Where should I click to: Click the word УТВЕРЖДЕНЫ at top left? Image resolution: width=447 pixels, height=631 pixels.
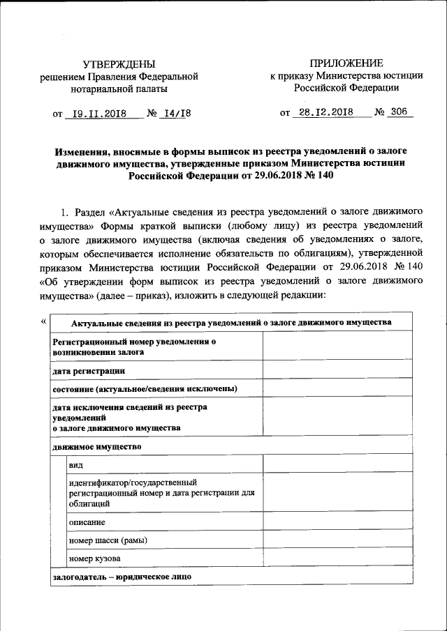coord(119,64)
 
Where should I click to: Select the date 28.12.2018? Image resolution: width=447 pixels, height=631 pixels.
coord(323,112)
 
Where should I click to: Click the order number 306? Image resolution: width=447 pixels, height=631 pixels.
coord(399,112)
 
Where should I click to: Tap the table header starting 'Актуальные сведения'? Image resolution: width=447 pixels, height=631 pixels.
coord(231,322)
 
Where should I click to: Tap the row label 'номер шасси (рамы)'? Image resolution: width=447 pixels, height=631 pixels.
coord(108,540)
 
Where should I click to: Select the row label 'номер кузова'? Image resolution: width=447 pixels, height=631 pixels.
coord(94,558)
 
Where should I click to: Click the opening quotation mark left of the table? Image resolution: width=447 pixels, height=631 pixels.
coord(44,320)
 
